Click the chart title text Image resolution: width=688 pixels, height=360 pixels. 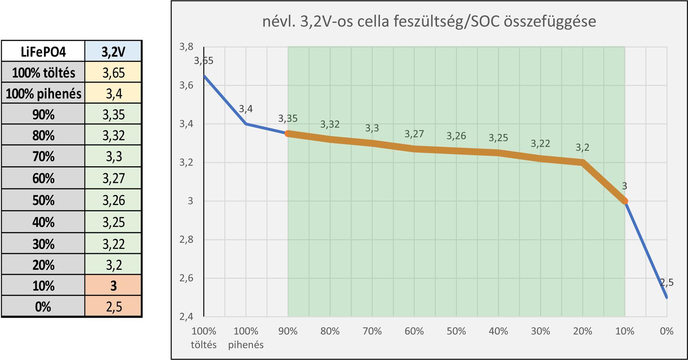point(429,21)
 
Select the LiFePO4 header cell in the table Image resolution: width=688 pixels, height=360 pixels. point(43,52)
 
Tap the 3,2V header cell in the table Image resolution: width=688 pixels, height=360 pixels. point(113,52)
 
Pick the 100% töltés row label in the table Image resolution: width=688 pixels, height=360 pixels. point(43,73)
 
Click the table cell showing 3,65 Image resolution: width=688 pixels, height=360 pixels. point(113,73)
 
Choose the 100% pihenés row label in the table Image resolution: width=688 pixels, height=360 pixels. point(43,93)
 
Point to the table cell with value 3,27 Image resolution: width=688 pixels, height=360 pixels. point(113,178)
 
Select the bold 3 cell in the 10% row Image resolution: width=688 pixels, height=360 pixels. point(113,285)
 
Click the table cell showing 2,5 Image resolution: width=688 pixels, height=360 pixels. point(113,307)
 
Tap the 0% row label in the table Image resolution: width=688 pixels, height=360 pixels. point(43,307)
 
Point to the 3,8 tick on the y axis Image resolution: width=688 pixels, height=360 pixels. point(186,47)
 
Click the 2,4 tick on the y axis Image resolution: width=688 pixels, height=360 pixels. point(186,317)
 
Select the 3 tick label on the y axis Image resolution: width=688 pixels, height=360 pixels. point(190,201)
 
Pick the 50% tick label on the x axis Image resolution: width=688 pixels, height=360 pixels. point(456,331)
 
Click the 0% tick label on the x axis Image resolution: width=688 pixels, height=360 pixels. point(666,331)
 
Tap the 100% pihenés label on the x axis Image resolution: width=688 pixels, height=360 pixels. point(246,337)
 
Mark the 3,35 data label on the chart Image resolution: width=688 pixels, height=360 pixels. point(288,119)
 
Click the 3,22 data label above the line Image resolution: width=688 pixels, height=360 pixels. point(540,144)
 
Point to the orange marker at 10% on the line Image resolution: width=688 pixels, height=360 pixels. point(625,201)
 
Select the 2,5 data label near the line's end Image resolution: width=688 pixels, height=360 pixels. point(666,283)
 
